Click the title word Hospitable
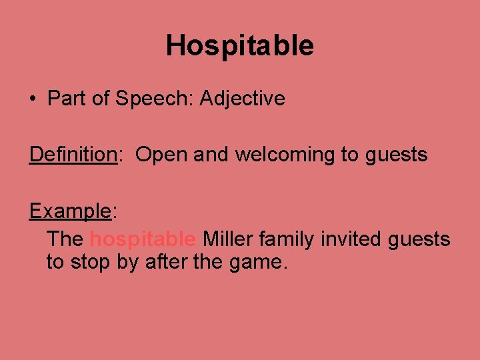point(239,46)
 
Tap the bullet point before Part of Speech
point(32,99)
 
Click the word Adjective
point(242,99)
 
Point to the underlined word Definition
point(73,155)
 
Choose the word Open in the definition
point(162,155)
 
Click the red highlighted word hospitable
point(143,239)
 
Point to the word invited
point(350,239)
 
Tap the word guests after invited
point(419,239)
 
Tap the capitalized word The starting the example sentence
point(65,239)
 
